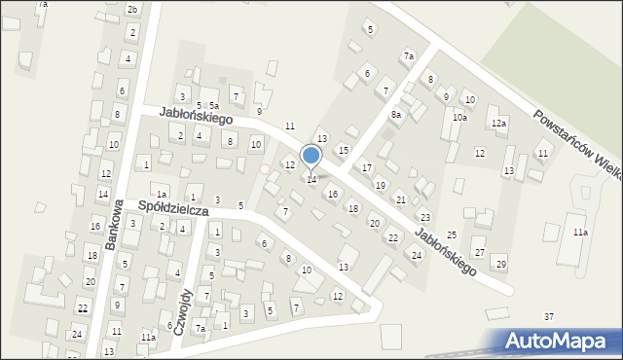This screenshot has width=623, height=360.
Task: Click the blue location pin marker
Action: (311, 156)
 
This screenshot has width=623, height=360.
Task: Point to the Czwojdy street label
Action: (184, 312)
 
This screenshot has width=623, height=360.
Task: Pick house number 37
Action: (549, 317)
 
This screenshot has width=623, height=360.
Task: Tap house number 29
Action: (500, 265)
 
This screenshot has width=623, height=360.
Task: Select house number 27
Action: (479, 253)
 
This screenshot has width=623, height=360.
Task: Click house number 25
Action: (452, 235)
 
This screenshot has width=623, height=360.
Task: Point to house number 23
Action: (425, 217)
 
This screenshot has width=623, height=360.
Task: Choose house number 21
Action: (401, 199)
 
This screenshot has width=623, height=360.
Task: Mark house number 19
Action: (381, 185)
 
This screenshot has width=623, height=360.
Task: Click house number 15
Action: (343, 150)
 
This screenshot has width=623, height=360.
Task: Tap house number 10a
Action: (459, 118)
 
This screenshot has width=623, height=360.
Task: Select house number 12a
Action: (498, 124)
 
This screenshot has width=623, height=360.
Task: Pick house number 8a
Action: (396, 115)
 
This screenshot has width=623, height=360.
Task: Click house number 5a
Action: (213, 105)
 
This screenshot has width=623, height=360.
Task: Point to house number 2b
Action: (132, 9)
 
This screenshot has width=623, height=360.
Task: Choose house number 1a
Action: (163, 195)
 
